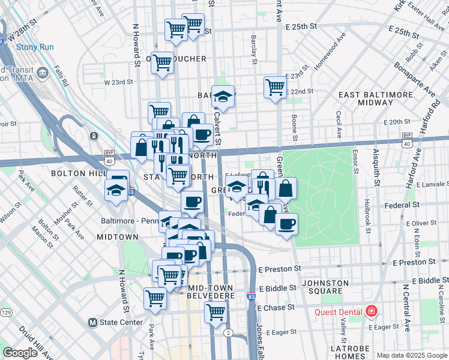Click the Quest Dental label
tap(339, 312)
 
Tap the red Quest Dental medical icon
tap(372, 311)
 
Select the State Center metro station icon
tap(92, 322)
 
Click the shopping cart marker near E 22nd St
tap(275, 86)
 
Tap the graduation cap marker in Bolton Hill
tap(116, 190)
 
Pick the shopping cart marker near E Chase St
tap(215, 311)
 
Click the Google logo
tap(20, 353)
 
